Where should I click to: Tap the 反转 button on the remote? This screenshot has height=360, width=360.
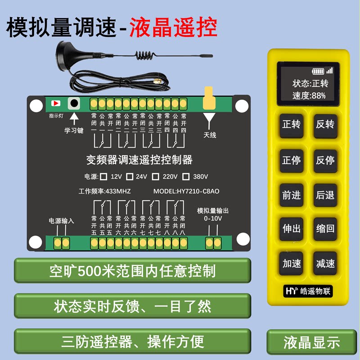tap(325, 125)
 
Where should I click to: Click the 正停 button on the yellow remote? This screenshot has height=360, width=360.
tap(291, 160)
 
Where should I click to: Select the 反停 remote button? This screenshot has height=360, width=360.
tap(325, 160)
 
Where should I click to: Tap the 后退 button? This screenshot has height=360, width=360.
tap(325, 194)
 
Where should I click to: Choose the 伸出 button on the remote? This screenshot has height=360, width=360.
tap(291, 229)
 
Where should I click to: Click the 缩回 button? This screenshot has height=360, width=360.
tap(325, 229)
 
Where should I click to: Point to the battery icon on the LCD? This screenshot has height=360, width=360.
tap(319, 71)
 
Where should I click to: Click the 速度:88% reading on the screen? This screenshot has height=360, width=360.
tap(309, 95)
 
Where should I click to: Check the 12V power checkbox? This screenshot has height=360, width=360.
tap(103, 176)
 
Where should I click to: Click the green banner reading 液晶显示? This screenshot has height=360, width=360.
tap(312, 342)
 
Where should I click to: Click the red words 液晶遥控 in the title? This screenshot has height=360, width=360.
tap(174, 28)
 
